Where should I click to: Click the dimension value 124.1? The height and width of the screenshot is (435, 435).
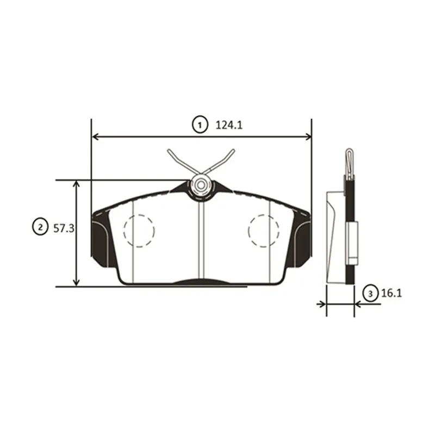[x=229, y=126]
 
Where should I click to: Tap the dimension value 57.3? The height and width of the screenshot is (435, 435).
[x=64, y=228]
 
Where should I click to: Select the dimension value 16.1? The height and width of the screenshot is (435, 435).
[x=391, y=293]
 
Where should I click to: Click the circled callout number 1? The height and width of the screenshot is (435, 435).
[x=200, y=125]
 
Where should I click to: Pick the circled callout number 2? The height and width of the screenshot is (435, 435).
[x=40, y=227]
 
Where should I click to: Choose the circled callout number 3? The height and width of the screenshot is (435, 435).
[x=370, y=293]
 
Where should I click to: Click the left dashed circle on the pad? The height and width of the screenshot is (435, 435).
[x=124, y=230]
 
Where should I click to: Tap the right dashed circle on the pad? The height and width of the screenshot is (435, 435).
[x=248, y=230]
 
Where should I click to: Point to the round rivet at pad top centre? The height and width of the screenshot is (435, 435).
[x=201, y=185]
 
